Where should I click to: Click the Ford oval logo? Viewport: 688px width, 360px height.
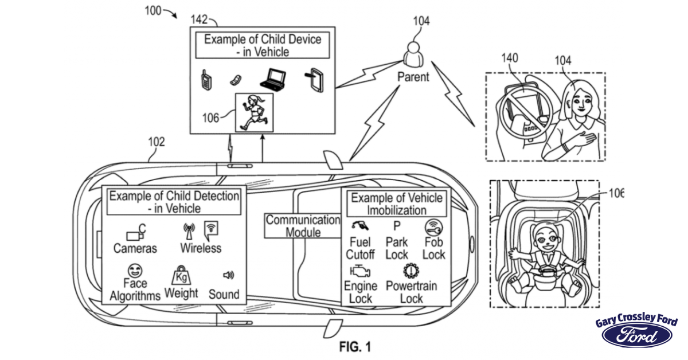(x=636, y=337)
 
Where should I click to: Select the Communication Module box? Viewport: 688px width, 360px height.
(x=303, y=226)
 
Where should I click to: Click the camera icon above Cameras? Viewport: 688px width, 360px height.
(x=135, y=233)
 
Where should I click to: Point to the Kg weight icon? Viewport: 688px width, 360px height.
(x=181, y=276)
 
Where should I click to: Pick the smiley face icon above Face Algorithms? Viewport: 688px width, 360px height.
(x=135, y=270)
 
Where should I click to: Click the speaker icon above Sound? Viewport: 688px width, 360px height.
(x=228, y=276)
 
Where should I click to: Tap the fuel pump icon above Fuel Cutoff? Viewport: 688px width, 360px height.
(x=359, y=225)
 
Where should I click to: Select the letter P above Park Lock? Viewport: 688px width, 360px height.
(x=396, y=226)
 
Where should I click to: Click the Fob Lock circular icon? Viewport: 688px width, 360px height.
(x=433, y=227)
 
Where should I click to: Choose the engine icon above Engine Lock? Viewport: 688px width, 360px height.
(x=359, y=270)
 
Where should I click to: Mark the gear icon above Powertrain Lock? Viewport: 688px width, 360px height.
(x=411, y=270)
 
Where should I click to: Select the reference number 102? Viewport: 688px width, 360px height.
(x=156, y=142)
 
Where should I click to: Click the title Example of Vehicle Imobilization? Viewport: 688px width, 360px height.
(x=397, y=203)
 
